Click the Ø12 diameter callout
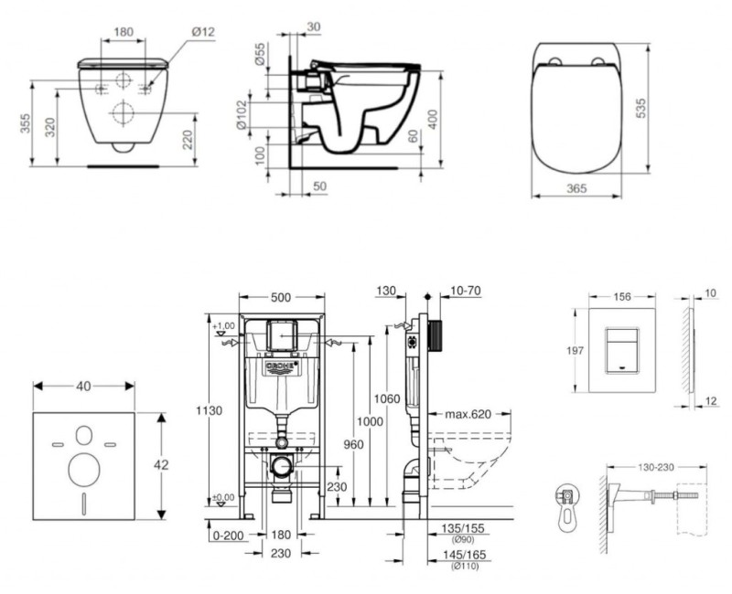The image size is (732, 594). click(204, 33)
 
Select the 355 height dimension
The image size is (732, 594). click(27, 122)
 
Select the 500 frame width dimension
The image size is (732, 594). click(281, 298)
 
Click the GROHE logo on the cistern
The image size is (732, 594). click(282, 368)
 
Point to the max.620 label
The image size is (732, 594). click(468, 414)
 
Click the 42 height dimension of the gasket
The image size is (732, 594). click(161, 464)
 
